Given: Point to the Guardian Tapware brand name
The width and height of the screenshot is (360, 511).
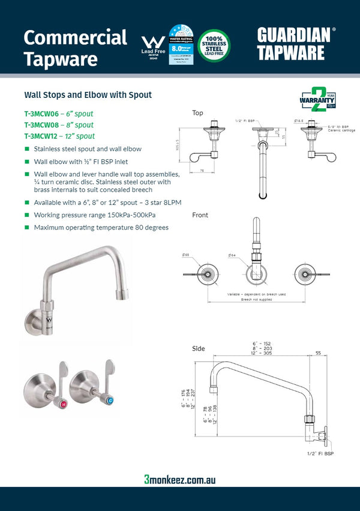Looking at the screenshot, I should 294,43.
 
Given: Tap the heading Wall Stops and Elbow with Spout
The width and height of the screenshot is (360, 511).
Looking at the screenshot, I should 88,95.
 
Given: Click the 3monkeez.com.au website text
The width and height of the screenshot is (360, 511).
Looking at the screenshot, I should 180,479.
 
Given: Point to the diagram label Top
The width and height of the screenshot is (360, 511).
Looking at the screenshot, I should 197,113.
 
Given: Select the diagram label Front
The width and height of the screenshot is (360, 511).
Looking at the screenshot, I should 200,215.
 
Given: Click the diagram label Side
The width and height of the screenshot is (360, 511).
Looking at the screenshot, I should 198,348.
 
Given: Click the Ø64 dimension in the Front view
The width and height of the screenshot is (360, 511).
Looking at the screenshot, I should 232,255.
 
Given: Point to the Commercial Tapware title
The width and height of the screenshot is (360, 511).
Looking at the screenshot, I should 75,48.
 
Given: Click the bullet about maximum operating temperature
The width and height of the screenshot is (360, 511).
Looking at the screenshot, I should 101,228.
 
